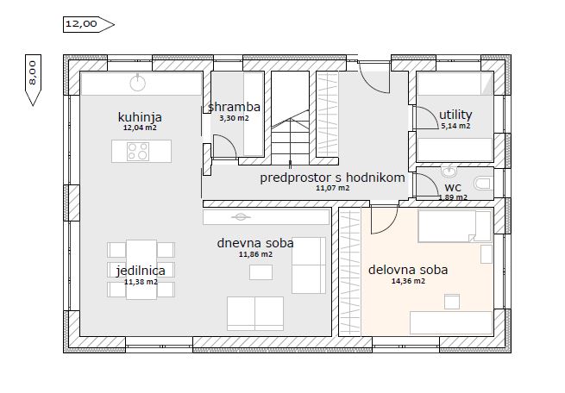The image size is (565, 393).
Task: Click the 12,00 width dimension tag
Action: pyautogui.click(x=89, y=24)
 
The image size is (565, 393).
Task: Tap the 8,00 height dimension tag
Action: pyautogui.click(x=33, y=80)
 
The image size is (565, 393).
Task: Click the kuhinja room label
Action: pyautogui.click(x=140, y=117)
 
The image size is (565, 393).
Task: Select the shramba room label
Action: pyautogui.click(x=235, y=107)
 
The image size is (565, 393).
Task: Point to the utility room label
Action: pyautogui.click(x=455, y=115)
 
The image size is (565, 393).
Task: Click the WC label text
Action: pyautogui.click(x=453, y=188)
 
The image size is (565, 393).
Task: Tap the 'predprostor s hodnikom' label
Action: pyautogui.click(x=332, y=178)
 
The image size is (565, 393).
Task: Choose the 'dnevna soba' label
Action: pyautogui.click(x=255, y=243)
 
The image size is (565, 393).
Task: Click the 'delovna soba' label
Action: pyautogui.click(x=408, y=270)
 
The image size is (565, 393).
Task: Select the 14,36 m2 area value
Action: pyautogui.click(x=408, y=281)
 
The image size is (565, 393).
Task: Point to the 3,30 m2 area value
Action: pyautogui.click(x=235, y=118)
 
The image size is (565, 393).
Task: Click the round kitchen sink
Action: pyautogui.click(x=138, y=83)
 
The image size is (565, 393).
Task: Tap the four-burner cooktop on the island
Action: pyautogui.click(x=138, y=152)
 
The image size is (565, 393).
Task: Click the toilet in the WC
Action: pyautogui.click(x=484, y=184)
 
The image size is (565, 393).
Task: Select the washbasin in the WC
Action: pyautogui.click(x=449, y=172)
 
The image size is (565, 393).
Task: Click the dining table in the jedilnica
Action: pyautogui.click(x=141, y=270)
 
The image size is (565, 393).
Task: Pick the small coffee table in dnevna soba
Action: pyautogui.click(x=261, y=272)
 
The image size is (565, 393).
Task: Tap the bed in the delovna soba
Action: pyautogui.click(x=455, y=226)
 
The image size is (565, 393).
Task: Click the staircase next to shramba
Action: pyautogui.click(x=290, y=118)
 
